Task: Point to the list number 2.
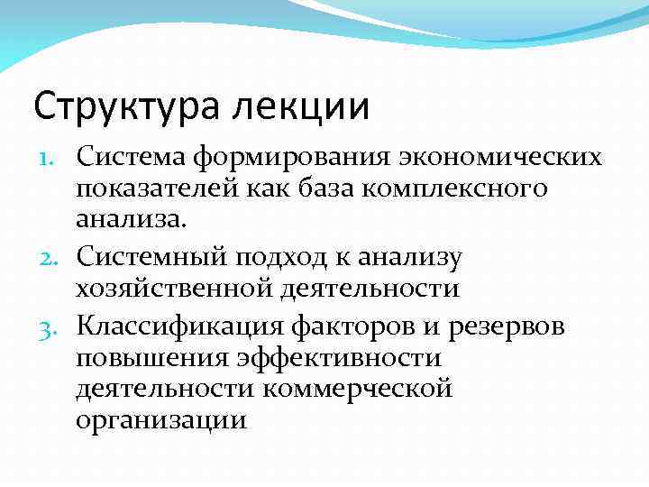click(x=53, y=258)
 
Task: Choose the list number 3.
click(x=53, y=325)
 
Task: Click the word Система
click(x=129, y=157)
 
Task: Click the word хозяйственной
click(x=179, y=289)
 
